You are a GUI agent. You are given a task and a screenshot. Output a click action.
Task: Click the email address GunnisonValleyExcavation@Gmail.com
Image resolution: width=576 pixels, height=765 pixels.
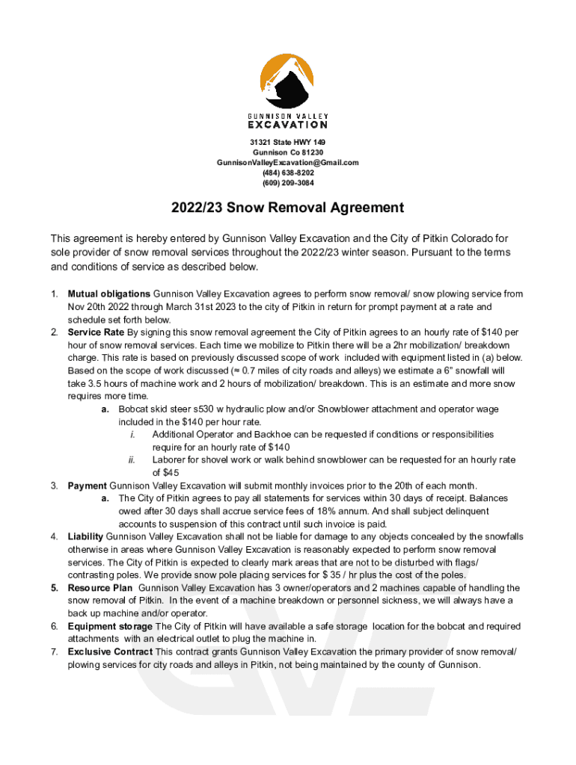click(288, 162)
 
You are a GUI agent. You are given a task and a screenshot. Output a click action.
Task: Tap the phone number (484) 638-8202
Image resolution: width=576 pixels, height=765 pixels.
click(288, 173)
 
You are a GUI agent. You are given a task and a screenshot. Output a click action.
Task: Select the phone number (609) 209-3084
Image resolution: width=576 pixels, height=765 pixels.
click(288, 183)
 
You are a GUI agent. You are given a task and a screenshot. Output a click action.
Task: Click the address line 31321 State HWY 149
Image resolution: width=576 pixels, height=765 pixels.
click(288, 142)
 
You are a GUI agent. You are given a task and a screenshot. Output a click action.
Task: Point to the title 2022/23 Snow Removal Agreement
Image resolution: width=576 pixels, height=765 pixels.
click(288, 208)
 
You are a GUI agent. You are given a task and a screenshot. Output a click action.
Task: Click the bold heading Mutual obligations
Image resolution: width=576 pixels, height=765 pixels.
click(109, 294)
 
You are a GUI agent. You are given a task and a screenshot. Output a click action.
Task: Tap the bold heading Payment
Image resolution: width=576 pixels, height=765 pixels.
click(88, 486)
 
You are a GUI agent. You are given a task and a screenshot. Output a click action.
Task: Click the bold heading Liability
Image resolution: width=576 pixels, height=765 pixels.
click(86, 536)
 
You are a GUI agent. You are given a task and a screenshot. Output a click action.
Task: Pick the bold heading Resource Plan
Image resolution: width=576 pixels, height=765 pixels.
click(99, 588)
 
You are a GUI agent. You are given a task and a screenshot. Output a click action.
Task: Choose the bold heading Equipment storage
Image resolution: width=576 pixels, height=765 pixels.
click(110, 626)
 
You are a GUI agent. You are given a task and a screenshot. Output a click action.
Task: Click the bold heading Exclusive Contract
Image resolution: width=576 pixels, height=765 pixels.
click(110, 652)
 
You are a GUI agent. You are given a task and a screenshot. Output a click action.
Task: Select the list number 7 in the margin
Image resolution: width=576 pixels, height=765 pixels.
click(55, 652)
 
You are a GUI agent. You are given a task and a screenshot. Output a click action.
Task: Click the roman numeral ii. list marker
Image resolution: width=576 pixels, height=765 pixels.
click(130, 460)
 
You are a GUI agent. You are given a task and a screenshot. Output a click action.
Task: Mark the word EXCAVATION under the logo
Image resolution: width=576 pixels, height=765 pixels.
click(287, 125)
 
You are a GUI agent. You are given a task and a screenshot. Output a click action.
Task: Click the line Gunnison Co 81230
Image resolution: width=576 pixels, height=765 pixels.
click(288, 152)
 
